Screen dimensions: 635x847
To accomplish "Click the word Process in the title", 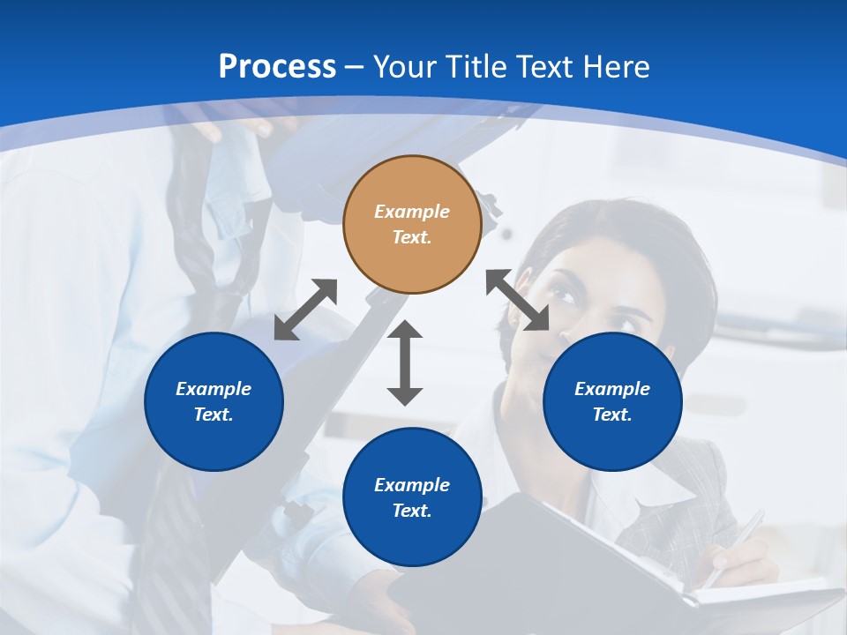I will click(277, 67).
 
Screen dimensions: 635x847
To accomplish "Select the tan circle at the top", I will click(412, 224).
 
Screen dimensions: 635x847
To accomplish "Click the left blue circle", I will click(214, 401).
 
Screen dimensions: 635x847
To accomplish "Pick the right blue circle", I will click(612, 401).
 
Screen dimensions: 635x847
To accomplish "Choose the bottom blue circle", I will click(412, 497).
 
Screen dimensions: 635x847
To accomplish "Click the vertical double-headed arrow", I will click(405, 362).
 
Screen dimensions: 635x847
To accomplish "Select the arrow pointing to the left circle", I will click(305, 310).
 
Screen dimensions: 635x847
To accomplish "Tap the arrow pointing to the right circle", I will click(518, 300).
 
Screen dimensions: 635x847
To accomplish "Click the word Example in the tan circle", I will click(412, 212).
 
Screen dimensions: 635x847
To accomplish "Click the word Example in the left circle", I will click(214, 389).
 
